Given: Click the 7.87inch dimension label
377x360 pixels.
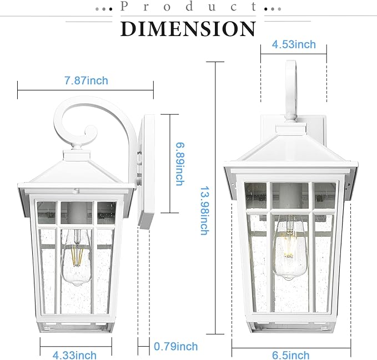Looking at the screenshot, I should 86,81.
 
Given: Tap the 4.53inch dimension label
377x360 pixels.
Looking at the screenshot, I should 294,44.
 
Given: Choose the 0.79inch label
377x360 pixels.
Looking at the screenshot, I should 176,347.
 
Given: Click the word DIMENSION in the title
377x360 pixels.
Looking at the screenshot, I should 188,28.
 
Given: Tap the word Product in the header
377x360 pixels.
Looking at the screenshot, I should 188,7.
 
